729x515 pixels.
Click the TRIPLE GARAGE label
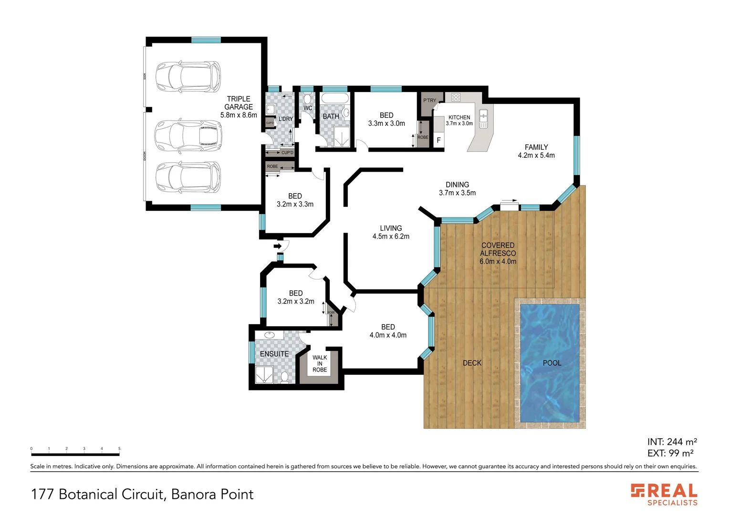[239, 103]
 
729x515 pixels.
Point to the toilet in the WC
[308, 99]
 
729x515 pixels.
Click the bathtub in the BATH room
[335, 99]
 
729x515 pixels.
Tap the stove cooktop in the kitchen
[456, 97]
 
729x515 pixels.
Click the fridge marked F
[438, 140]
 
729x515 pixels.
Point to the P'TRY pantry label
[429, 101]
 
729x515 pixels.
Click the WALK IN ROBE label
[320, 363]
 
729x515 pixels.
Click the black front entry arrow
[277, 246]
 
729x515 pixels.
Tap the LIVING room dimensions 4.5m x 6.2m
[391, 237]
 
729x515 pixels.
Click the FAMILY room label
[536, 147]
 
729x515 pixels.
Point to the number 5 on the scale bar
[119, 449]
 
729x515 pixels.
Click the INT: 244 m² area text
[672, 442]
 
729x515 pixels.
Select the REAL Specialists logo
[664, 494]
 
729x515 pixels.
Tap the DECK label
[472, 363]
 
